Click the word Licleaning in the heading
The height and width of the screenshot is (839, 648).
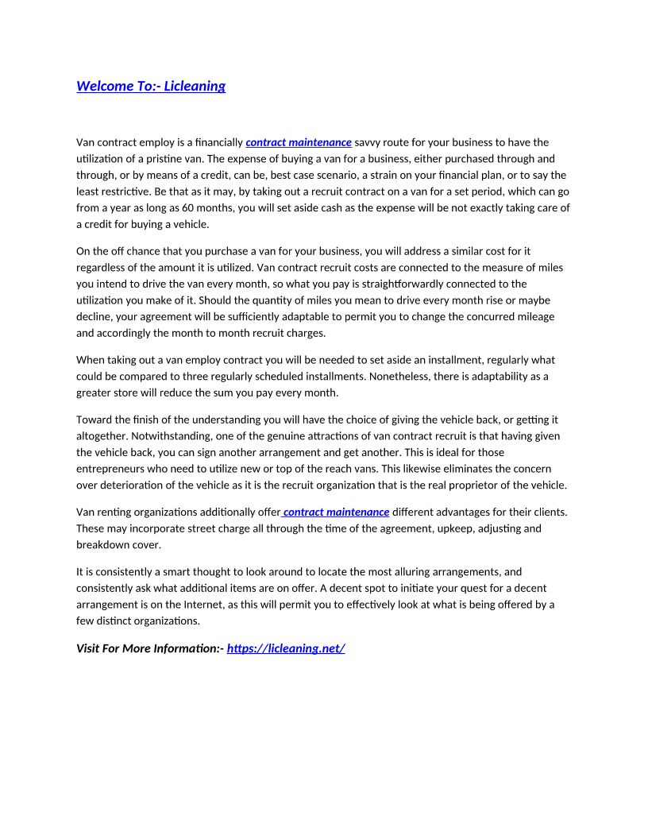tap(195, 86)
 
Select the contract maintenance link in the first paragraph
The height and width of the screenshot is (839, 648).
tap(299, 142)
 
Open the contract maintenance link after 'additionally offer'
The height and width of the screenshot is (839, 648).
tap(336, 512)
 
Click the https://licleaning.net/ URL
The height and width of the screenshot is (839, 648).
tap(286, 648)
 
